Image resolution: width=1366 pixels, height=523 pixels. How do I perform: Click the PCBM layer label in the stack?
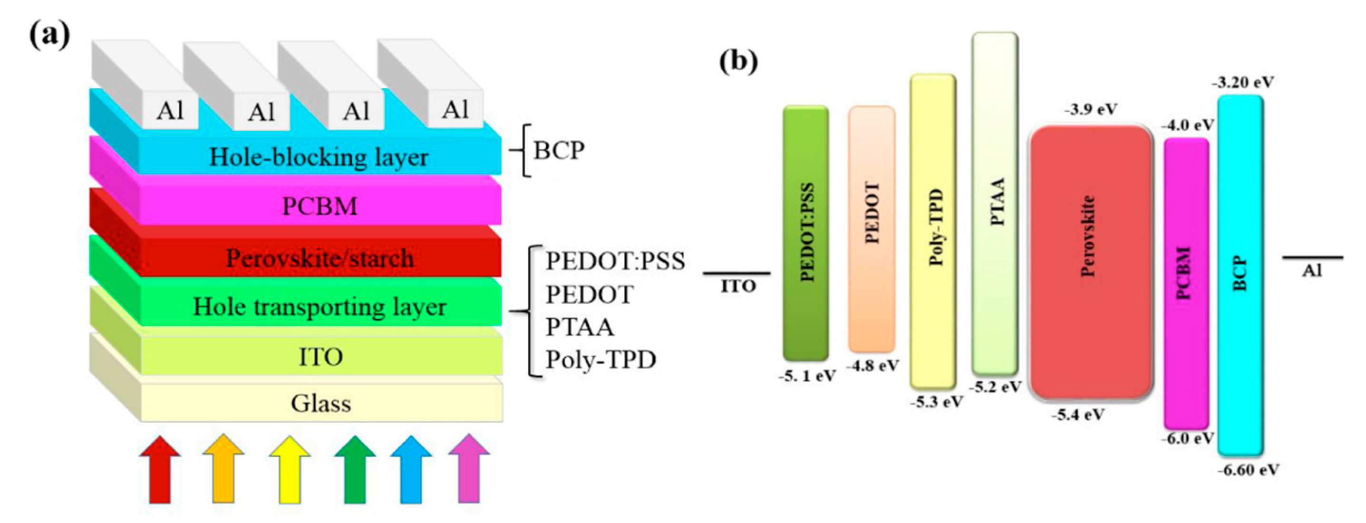coord(320,206)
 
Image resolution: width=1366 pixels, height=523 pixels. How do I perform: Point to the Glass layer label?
coord(321,403)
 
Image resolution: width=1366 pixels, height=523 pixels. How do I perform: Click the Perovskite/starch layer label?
coord(320,258)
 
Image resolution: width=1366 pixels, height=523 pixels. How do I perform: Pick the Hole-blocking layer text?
coord(319,157)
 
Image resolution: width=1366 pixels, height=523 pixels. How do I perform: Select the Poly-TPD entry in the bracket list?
coord(601,360)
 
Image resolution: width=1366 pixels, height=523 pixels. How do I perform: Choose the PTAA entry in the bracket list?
coord(580,327)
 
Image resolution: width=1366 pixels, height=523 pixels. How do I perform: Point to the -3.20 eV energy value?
coord(1242,83)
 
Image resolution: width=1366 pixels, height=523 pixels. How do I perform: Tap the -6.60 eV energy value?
coord(1248,470)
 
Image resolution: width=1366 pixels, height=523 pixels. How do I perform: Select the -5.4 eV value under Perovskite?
coord(1078,414)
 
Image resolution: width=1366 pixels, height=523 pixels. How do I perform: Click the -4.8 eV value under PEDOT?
coord(872,366)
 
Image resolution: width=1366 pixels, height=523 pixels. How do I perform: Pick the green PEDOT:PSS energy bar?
coord(805,233)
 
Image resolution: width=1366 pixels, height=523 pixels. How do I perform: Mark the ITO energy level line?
coord(736,274)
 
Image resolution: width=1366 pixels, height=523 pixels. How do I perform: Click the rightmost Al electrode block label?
coord(455,110)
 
